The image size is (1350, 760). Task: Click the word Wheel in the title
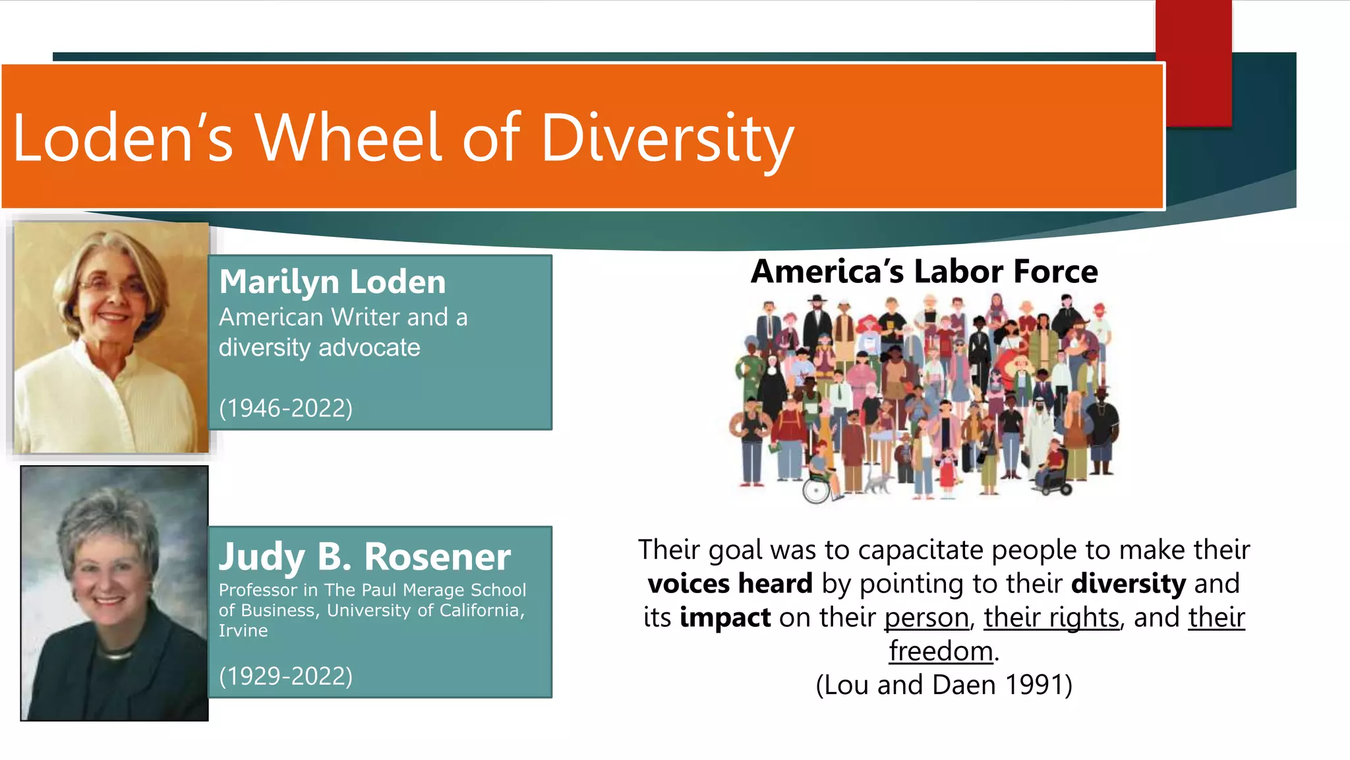(347, 138)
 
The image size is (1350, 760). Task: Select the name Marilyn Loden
(332, 282)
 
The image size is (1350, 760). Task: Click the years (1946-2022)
(285, 408)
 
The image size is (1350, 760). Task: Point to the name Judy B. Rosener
(365, 556)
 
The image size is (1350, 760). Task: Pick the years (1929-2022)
(285, 676)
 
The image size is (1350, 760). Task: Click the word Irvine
(243, 631)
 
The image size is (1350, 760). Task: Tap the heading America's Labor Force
(924, 271)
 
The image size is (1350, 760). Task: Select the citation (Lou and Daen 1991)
(944, 685)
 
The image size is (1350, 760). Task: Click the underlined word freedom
(941, 651)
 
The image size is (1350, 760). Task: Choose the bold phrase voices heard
(730, 584)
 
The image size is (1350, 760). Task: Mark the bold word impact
(725, 617)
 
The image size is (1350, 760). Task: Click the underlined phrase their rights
(1051, 617)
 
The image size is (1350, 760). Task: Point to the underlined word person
(926, 617)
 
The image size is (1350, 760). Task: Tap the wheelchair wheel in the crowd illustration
(816, 490)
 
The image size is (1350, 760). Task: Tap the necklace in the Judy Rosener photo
(115, 655)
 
